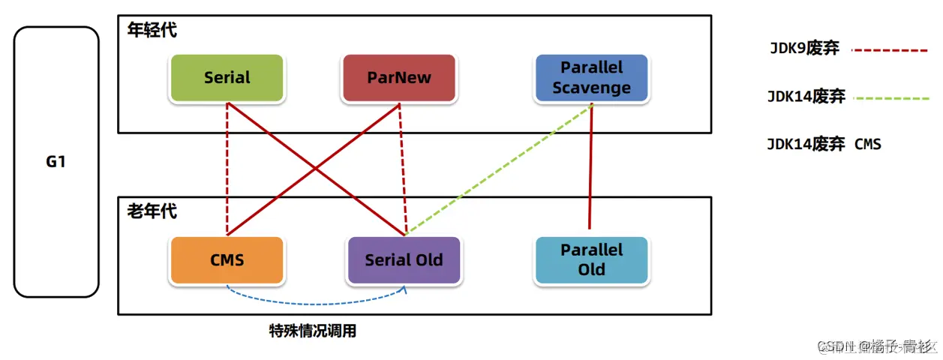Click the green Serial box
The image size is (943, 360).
(x=227, y=78)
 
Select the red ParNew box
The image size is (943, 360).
(x=399, y=78)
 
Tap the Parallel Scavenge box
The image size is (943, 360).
(x=591, y=78)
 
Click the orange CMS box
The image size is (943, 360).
(x=227, y=260)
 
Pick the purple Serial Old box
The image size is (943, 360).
(x=404, y=260)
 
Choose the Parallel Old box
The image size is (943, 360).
(x=591, y=259)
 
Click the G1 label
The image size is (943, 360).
(x=56, y=161)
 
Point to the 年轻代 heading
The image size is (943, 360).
(x=152, y=31)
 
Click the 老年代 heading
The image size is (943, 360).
(x=152, y=211)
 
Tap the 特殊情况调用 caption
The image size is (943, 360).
(x=313, y=331)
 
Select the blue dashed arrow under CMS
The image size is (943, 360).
(x=315, y=302)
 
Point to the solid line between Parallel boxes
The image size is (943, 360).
(x=591, y=165)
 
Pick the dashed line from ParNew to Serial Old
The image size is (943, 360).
(x=402, y=169)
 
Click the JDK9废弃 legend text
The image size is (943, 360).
(x=804, y=49)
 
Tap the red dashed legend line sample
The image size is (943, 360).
(x=890, y=50)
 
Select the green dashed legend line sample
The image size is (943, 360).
(x=890, y=97)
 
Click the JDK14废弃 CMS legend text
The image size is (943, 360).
(x=824, y=144)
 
